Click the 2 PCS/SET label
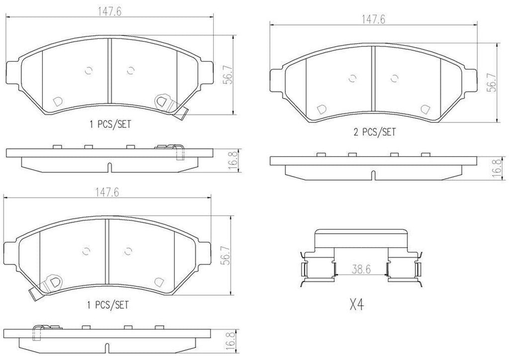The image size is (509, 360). click(x=374, y=132)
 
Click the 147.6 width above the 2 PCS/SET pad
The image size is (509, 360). click(x=374, y=20)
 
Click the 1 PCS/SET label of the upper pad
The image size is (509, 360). click(x=110, y=125)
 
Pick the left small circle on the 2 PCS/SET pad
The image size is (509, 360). click(x=353, y=78)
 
